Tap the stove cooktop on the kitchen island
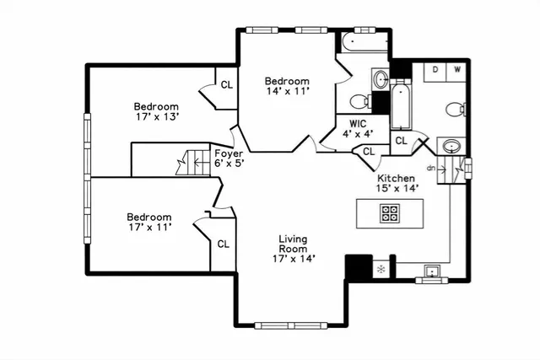click(x=390, y=212)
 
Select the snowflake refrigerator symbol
click(x=381, y=269)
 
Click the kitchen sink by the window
click(x=432, y=271)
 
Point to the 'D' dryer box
click(x=435, y=70)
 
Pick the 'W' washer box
click(x=457, y=70)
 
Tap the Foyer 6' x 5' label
click(x=229, y=159)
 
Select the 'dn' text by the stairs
click(x=430, y=168)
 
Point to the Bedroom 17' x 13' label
click(x=156, y=112)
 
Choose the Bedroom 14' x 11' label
click(x=288, y=86)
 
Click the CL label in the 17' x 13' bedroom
click(x=227, y=84)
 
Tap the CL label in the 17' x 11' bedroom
click(x=224, y=244)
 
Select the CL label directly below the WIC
click(x=368, y=152)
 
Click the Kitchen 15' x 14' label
click(x=396, y=184)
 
